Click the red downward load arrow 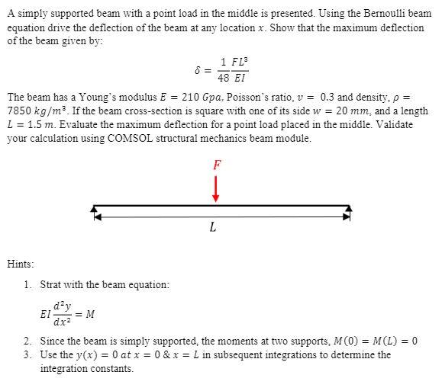point(216,187)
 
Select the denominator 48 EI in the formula point(232,78)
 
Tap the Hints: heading point(21,264)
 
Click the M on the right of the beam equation point(90,312)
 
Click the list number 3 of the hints point(27,354)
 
